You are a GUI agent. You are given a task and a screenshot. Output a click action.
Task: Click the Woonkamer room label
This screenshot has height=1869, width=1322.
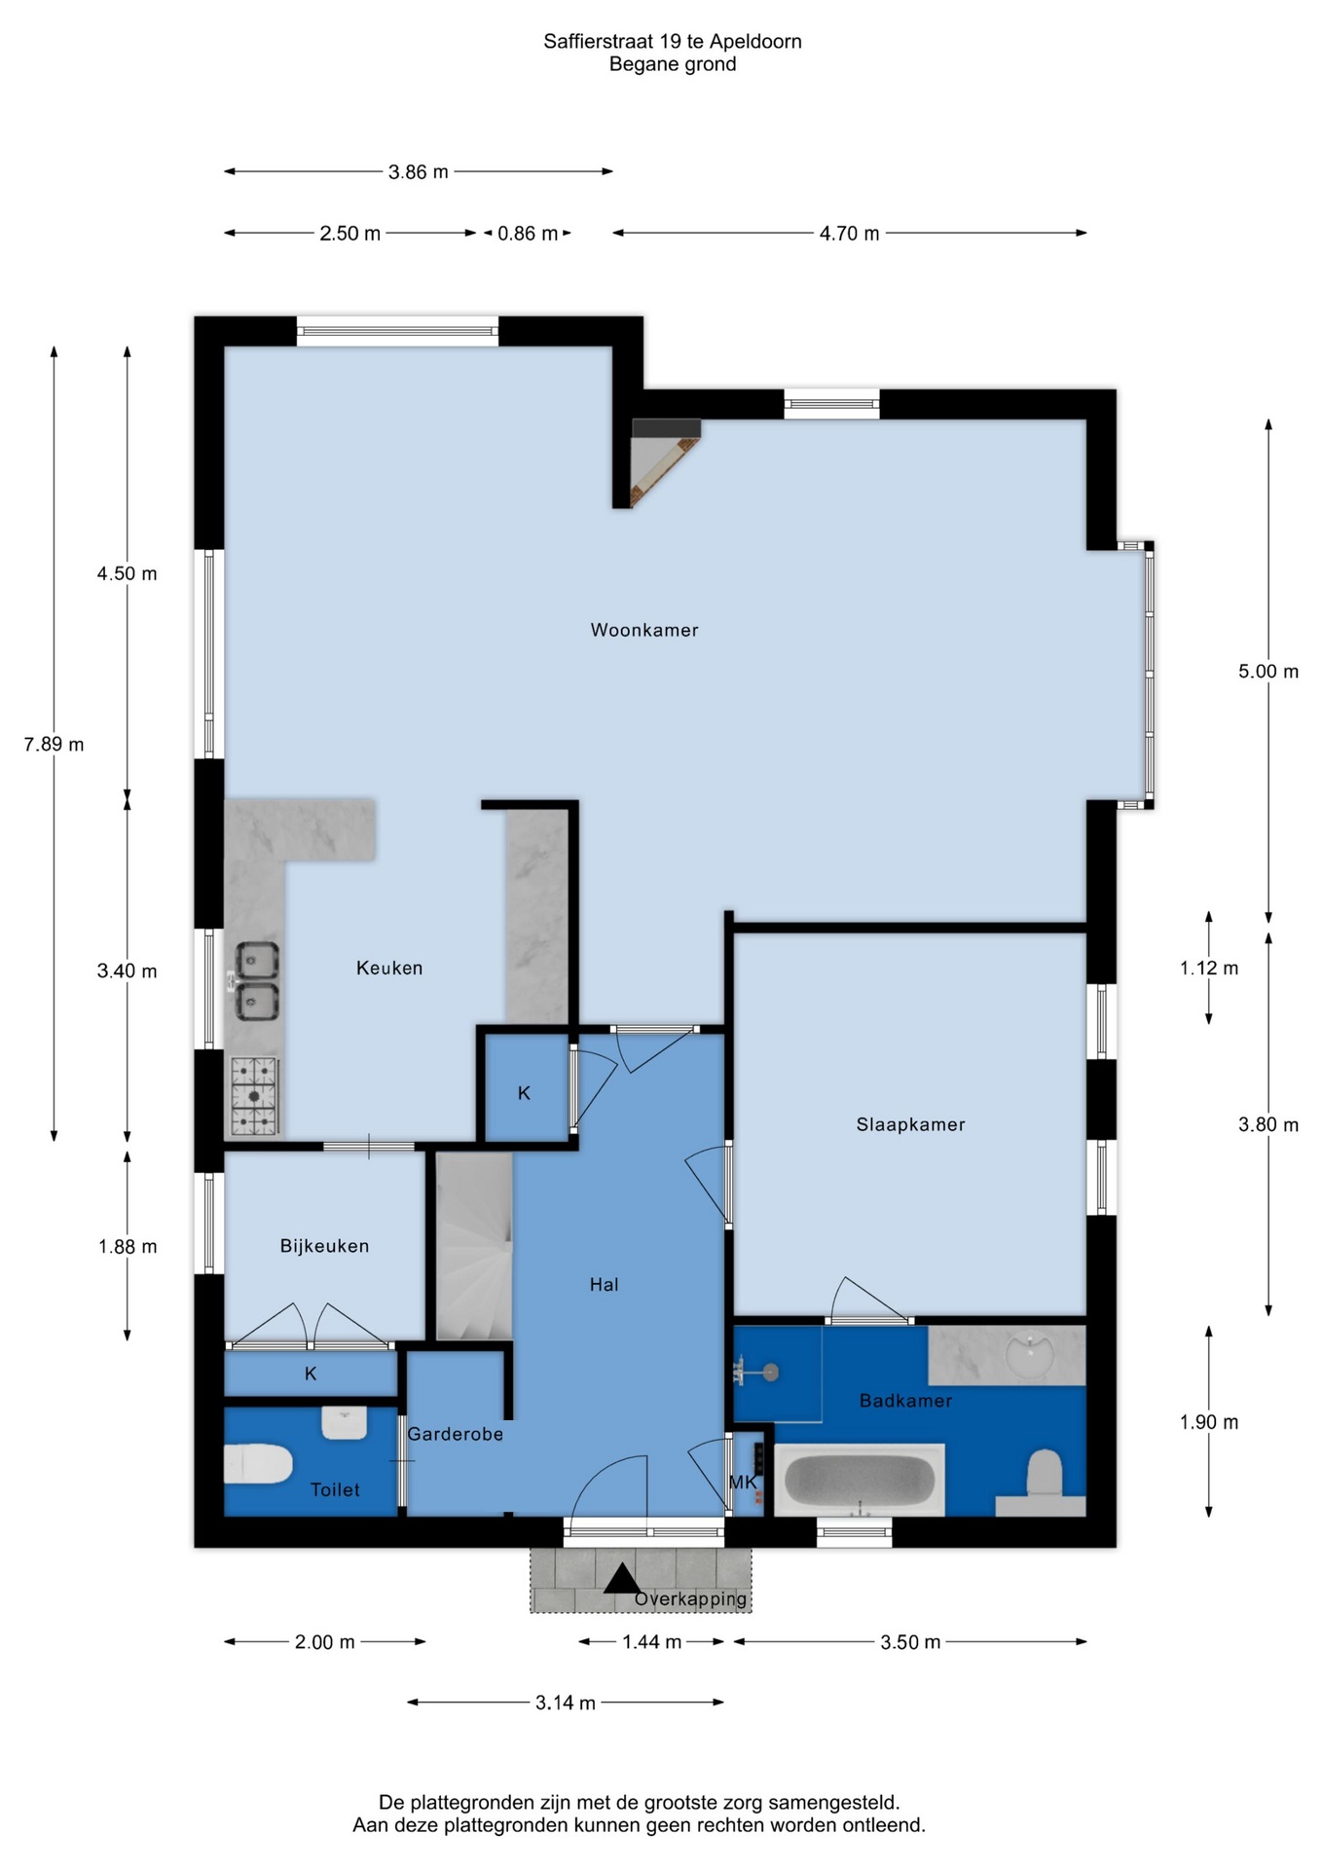click(644, 630)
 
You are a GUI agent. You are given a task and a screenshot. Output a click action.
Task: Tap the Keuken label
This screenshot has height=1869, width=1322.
click(389, 968)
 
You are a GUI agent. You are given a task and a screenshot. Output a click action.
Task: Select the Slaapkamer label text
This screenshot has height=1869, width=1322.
click(910, 1124)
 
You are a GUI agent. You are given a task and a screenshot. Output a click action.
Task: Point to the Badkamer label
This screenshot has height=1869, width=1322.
click(905, 1401)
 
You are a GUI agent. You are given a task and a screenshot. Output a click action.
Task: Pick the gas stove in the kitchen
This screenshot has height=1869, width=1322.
click(254, 1097)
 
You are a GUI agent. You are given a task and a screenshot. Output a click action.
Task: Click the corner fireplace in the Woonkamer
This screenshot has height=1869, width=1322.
click(665, 461)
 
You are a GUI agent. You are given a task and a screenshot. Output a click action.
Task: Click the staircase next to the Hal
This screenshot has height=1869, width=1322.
click(474, 1246)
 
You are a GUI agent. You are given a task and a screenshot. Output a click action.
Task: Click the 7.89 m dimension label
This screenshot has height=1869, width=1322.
click(55, 745)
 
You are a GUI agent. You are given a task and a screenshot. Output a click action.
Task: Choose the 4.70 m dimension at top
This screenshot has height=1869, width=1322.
click(849, 234)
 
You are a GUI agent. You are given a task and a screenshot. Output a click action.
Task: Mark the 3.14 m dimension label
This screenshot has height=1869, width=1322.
click(566, 1703)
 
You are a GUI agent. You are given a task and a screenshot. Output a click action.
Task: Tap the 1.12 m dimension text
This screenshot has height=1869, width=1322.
click(1209, 968)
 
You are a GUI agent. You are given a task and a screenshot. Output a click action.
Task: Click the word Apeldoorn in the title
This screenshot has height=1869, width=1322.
click(755, 41)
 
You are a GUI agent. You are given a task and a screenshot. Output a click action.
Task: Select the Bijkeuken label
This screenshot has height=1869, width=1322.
click(324, 1246)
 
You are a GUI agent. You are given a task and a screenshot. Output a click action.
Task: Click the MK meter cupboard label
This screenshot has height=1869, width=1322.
click(742, 1483)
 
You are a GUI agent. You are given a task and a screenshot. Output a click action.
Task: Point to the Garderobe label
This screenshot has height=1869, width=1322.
click(455, 1434)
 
